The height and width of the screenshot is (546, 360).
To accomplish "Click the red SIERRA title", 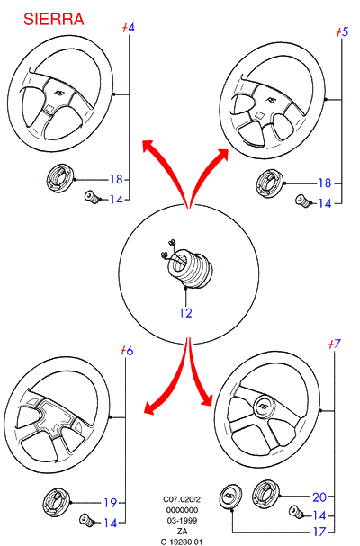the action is [54, 19].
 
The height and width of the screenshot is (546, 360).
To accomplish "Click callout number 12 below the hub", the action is [185, 313].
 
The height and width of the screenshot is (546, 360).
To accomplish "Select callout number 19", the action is [110, 503].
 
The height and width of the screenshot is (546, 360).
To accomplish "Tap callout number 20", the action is [319, 497].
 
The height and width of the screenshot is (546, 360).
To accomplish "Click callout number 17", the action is [319, 532].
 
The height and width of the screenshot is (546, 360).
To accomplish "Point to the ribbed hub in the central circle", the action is [190, 269].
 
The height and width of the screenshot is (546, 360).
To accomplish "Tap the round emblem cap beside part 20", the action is [231, 497].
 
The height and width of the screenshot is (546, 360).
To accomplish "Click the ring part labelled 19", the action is [56, 502].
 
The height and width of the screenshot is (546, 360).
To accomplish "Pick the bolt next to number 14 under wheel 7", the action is [295, 512].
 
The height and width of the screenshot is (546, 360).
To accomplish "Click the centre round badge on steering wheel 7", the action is [265, 407].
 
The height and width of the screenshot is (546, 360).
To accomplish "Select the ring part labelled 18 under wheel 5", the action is [270, 183].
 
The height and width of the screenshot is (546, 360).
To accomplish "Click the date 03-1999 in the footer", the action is [182, 521].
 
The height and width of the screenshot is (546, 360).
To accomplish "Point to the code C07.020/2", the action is [182, 499].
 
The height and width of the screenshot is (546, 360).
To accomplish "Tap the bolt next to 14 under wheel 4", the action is [92, 197].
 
